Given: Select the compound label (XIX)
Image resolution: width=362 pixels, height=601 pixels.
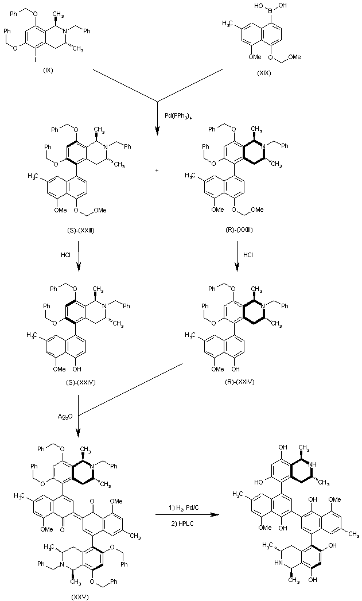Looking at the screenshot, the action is (264, 73).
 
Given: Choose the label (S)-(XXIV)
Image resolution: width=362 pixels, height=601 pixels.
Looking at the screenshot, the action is (80, 382).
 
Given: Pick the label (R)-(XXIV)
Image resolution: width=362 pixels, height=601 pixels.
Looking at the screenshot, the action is (239, 382).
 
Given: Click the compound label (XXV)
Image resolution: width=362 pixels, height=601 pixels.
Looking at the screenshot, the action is (81, 597).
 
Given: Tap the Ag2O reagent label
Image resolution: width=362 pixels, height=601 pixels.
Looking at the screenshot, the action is (65, 416).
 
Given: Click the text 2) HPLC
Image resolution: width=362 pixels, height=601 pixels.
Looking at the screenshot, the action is (182, 524).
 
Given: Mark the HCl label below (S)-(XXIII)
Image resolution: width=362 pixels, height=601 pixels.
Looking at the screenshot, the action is (65, 255).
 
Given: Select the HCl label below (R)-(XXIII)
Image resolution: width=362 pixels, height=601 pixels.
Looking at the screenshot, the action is (248, 255).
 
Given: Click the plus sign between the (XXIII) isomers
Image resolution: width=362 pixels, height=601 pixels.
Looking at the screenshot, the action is (157, 170).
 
